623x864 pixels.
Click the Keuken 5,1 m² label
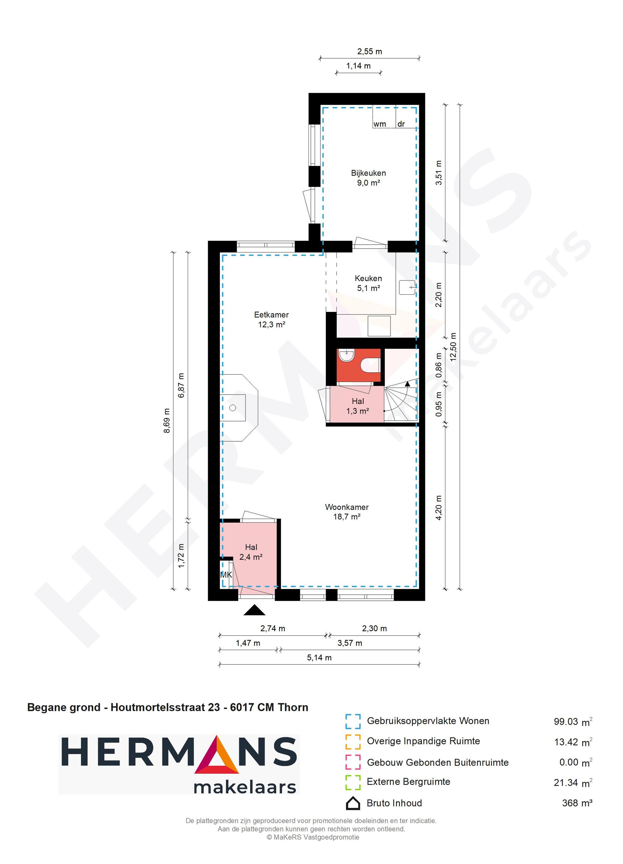(x=368, y=283)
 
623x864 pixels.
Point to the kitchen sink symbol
(x=407, y=287)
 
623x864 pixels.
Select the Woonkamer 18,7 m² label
(x=346, y=512)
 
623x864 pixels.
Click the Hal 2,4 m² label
(x=251, y=551)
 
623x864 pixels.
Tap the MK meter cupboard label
(x=226, y=575)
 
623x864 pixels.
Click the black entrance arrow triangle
(x=254, y=611)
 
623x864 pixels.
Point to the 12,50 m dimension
(x=453, y=347)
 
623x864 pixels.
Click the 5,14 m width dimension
(x=319, y=658)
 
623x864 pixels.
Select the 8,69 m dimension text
(x=166, y=421)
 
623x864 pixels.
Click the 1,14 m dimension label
(x=358, y=66)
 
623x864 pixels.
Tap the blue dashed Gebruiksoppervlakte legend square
(x=353, y=722)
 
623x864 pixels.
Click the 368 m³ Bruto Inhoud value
(x=577, y=803)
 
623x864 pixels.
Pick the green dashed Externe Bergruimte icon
(x=353, y=782)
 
